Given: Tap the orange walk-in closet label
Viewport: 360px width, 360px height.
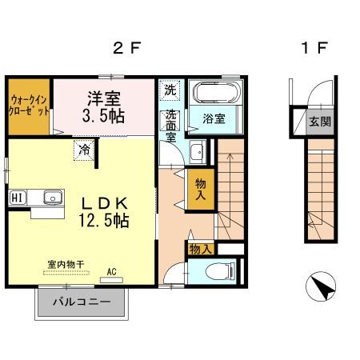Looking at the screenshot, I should click(29, 106).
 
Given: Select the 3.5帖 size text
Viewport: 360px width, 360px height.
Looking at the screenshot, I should click(103, 114).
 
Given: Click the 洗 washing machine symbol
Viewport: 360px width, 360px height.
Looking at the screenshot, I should click(170, 90).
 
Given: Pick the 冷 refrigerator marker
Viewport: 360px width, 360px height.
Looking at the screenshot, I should click(83, 148).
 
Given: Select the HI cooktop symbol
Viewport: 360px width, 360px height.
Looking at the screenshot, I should click(17, 197).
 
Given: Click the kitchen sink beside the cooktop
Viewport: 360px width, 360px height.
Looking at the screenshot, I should click(52, 197).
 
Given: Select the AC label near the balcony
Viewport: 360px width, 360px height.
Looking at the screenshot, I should click(111, 272).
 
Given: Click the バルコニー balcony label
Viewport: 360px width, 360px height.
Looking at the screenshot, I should click(80, 302).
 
